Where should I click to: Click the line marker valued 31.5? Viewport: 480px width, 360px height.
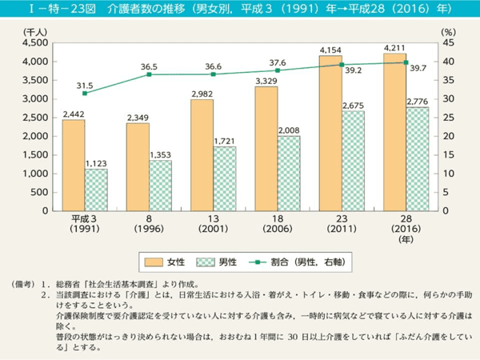tap(85, 93)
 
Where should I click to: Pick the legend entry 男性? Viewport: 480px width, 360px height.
tap(232, 261)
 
